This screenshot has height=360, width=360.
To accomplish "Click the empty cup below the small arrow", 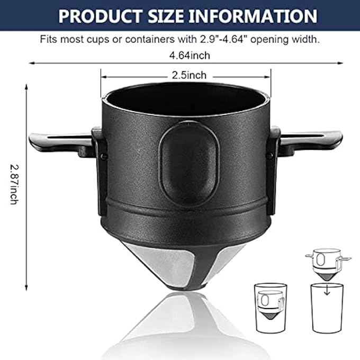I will click(328, 310).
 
